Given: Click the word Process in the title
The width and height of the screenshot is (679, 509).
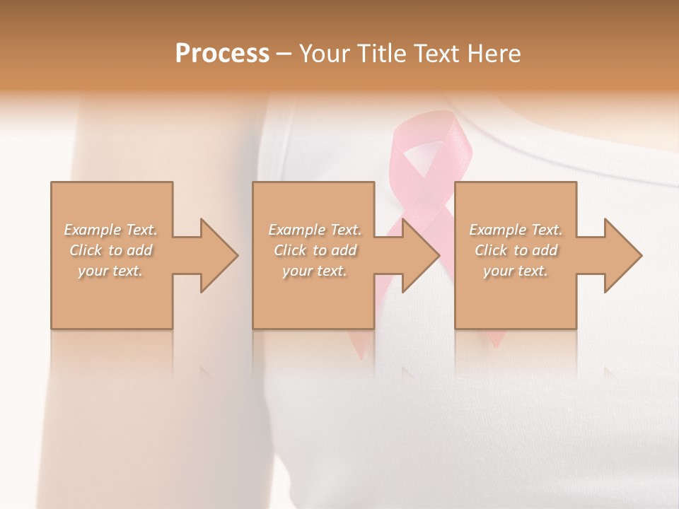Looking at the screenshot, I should coord(222,54).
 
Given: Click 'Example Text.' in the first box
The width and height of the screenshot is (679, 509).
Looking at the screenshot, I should coord(111,230).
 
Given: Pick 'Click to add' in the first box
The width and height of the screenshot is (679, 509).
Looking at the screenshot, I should coord(111,250).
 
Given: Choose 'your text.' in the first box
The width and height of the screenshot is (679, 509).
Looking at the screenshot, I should coord(111,271).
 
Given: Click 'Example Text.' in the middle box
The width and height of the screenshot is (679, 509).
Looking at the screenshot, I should coord(315,230).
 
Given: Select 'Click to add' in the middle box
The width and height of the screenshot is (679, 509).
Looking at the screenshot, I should coord(315,250).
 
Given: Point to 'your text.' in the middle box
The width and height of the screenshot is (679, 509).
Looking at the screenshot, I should coord(315,271).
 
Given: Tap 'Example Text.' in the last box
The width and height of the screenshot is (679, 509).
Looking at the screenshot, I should coord(516,230).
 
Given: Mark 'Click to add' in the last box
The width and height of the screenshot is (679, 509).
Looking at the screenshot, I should coord(516,250).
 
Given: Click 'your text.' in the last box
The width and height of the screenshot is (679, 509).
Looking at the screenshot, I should coord(516,271).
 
